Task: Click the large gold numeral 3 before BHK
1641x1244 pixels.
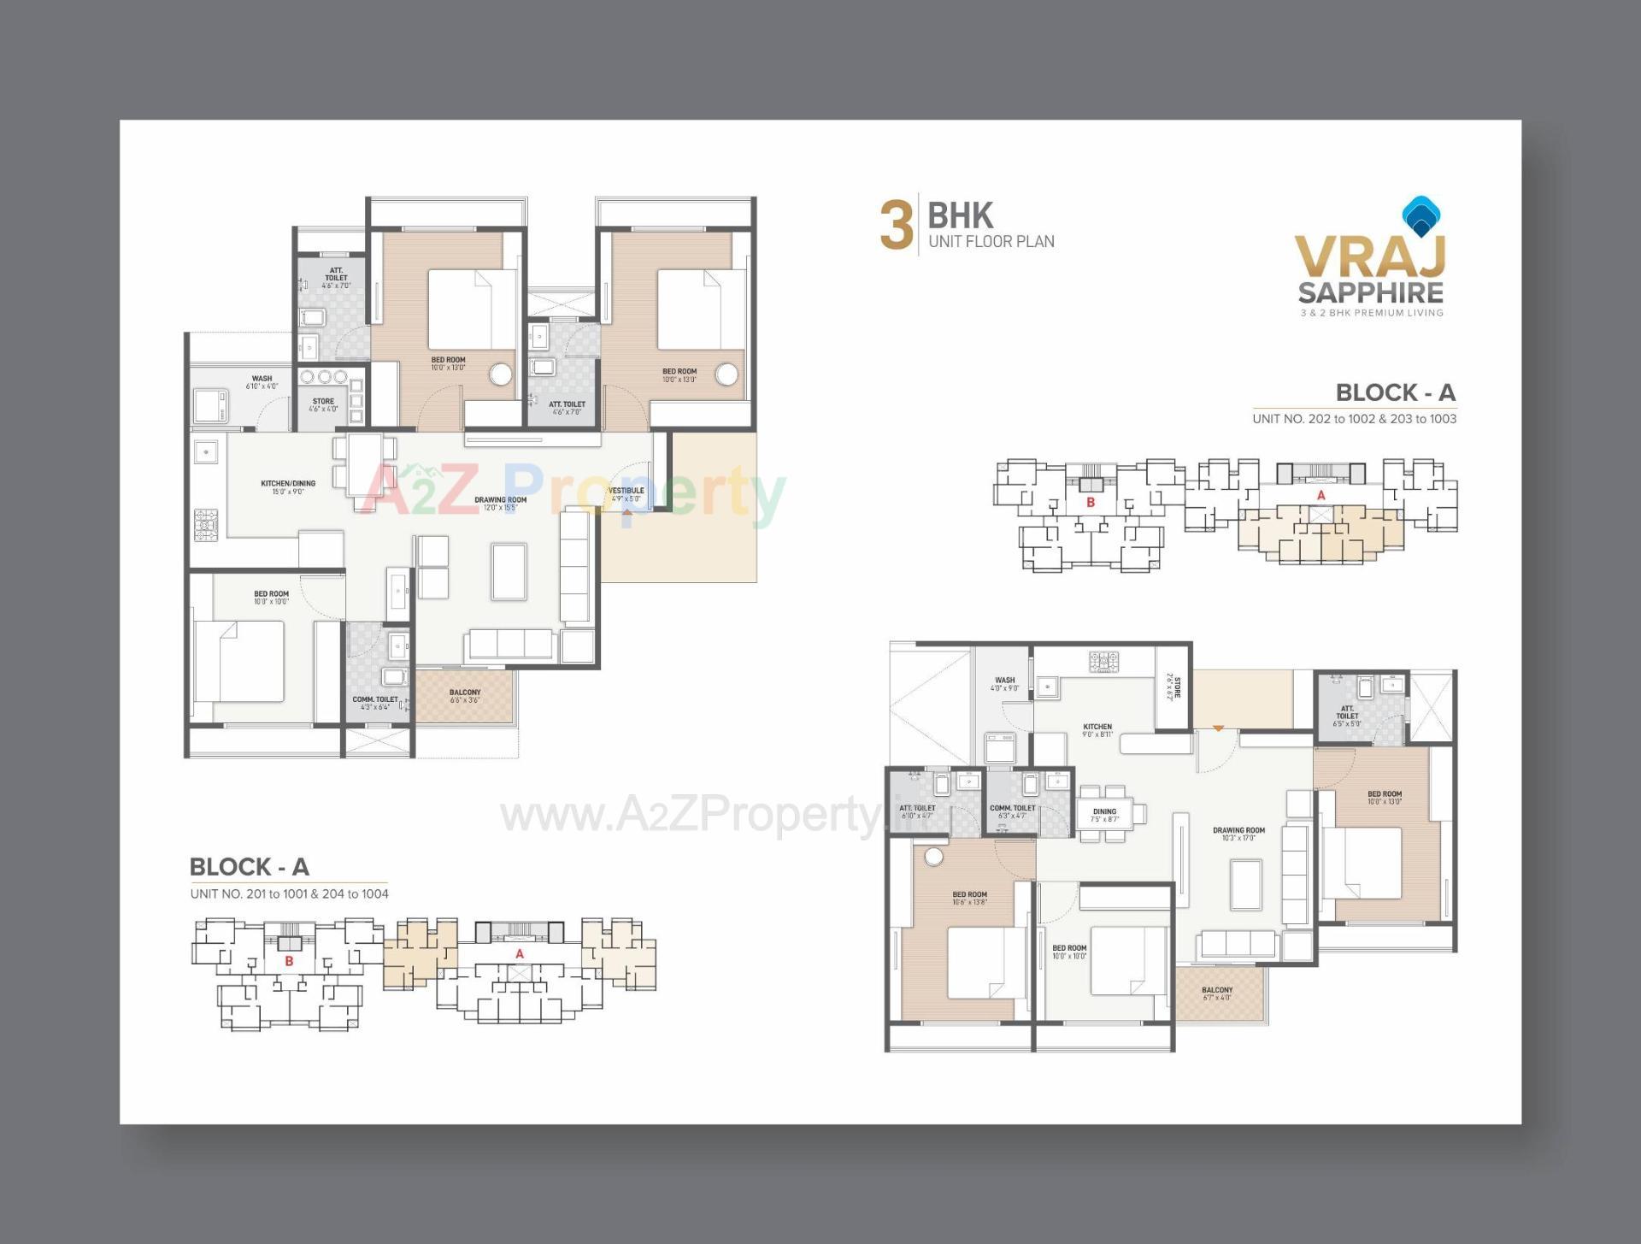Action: pos(896,226)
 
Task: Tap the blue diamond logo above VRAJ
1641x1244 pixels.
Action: pos(1421,215)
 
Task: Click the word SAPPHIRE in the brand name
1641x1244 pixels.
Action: pos(1370,293)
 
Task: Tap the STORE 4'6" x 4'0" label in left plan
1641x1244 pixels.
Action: pos(323,404)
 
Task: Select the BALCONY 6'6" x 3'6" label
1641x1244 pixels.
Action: pos(465,696)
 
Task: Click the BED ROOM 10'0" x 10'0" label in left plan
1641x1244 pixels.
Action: pos(271,597)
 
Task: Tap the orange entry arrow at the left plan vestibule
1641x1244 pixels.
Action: pos(626,511)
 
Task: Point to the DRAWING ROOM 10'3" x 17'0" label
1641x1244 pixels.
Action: pos(1238,834)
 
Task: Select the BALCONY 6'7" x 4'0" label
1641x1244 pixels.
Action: pos(1217,993)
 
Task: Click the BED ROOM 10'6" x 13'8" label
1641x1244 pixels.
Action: pos(969,898)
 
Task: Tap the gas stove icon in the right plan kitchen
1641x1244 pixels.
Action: pos(1103,662)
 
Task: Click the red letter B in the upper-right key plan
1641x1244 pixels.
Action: pos(1090,503)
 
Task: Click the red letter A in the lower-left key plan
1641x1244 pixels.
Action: pos(519,954)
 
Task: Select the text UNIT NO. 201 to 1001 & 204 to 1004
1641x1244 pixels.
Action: pos(289,893)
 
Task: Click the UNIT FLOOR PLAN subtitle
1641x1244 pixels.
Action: pos(991,242)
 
